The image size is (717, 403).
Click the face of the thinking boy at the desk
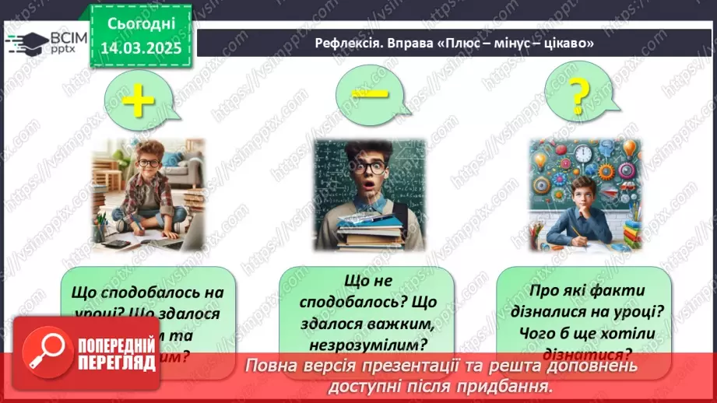click(x=578, y=191)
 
